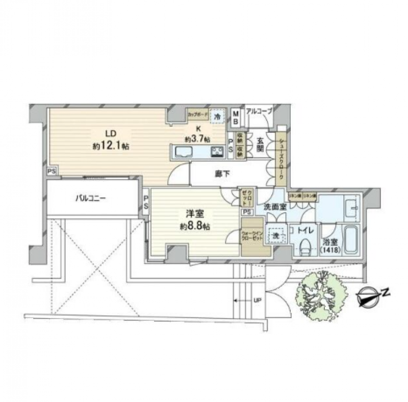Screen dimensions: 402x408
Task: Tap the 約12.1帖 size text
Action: coord(110,146)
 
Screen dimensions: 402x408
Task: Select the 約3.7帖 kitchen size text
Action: coord(195,138)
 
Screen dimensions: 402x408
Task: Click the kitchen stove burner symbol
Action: coord(216,151)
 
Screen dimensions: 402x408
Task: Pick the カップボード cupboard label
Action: coord(197,114)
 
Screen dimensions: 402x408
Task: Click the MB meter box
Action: coord(236,118)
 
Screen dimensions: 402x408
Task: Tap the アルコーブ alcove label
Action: coord(259,110)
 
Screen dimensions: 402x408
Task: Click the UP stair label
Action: coord(258,300)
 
